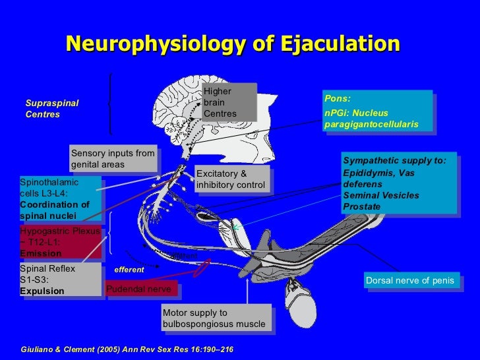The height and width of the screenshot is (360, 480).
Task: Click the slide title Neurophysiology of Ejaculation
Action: (x=232, y=44)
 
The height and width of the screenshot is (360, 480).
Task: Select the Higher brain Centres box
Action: (x=228, y=103)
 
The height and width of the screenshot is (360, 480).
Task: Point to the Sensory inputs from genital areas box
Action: (x=113, y=158)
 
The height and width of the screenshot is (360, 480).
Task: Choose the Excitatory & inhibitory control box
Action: (x=232, y=179)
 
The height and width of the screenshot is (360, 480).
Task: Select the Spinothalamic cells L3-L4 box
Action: (x=60, y=198)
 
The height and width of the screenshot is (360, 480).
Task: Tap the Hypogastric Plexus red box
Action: (x=61, y=242)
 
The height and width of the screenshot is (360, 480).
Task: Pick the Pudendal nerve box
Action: (x=140, y=289)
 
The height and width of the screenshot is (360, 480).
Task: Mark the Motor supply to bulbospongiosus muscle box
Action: (x=216, y=318)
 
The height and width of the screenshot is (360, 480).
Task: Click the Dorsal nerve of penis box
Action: (x=411, y=281)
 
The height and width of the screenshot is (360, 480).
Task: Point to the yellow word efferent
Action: (x=129, y=270)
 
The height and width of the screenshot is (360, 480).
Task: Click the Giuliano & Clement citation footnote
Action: (x=127, y=347)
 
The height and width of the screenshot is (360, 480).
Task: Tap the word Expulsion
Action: (x=42, y=291)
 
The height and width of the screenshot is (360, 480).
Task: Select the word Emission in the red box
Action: (x=41, y=253)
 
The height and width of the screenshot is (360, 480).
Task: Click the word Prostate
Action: (x=361, y=207)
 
